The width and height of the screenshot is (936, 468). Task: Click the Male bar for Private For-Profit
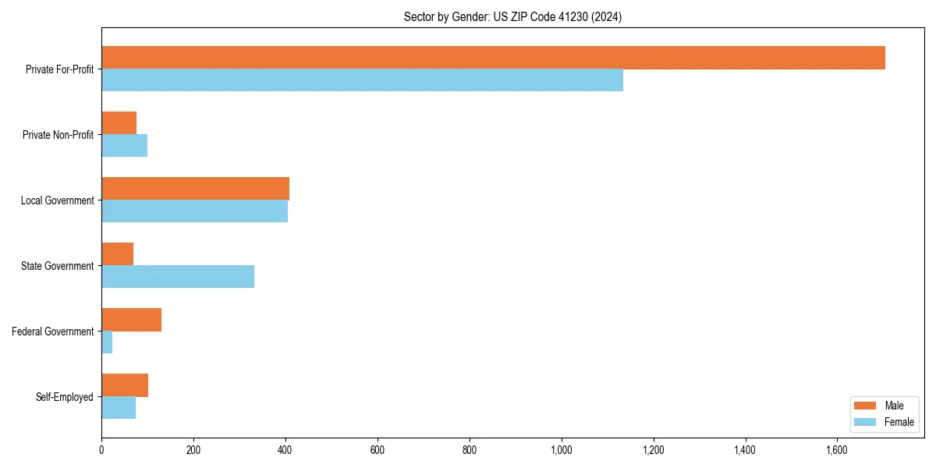click(x=493, y=58)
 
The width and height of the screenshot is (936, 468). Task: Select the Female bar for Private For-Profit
click(x=362, y=80)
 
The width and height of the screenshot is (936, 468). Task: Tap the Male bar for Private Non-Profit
click(x=119, y=123)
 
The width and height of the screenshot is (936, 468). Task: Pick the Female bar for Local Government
click(x=194, y=211)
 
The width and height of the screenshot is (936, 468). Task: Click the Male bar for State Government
click(x=117, y=254)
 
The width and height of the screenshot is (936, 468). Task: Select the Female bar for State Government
click(x=178, y=277)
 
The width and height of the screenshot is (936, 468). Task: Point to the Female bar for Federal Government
click(x=107, y=342)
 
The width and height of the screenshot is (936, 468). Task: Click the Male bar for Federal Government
click(x=131, y=320)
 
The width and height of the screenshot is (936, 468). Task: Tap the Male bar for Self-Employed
click(x=125, y=385)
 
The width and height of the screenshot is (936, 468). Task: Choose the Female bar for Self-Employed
click(x=119, y=408)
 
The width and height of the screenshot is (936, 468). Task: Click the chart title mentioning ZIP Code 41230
click(x=512, y=16)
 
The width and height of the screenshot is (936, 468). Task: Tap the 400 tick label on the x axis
click(x=285, y=450)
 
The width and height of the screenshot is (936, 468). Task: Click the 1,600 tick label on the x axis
click(x=837, y=450)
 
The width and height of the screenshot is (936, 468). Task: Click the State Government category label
click(x=57, y=266)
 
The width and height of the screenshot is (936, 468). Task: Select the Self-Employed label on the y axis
click(x=64, y=397)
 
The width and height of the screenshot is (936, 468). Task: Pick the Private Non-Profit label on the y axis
click(x=58, y=135)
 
